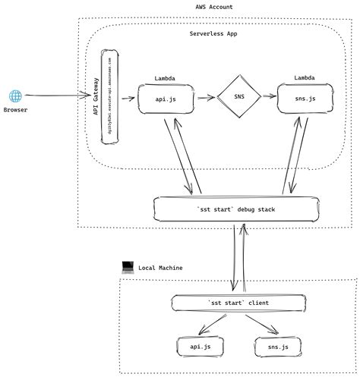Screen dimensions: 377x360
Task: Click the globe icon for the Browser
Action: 15,96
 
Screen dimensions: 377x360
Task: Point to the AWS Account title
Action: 214,7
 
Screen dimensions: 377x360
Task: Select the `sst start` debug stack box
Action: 235,208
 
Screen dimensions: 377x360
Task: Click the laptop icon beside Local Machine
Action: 128,267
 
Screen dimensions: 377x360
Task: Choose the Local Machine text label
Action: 160,268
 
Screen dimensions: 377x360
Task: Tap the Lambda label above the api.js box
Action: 166,78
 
